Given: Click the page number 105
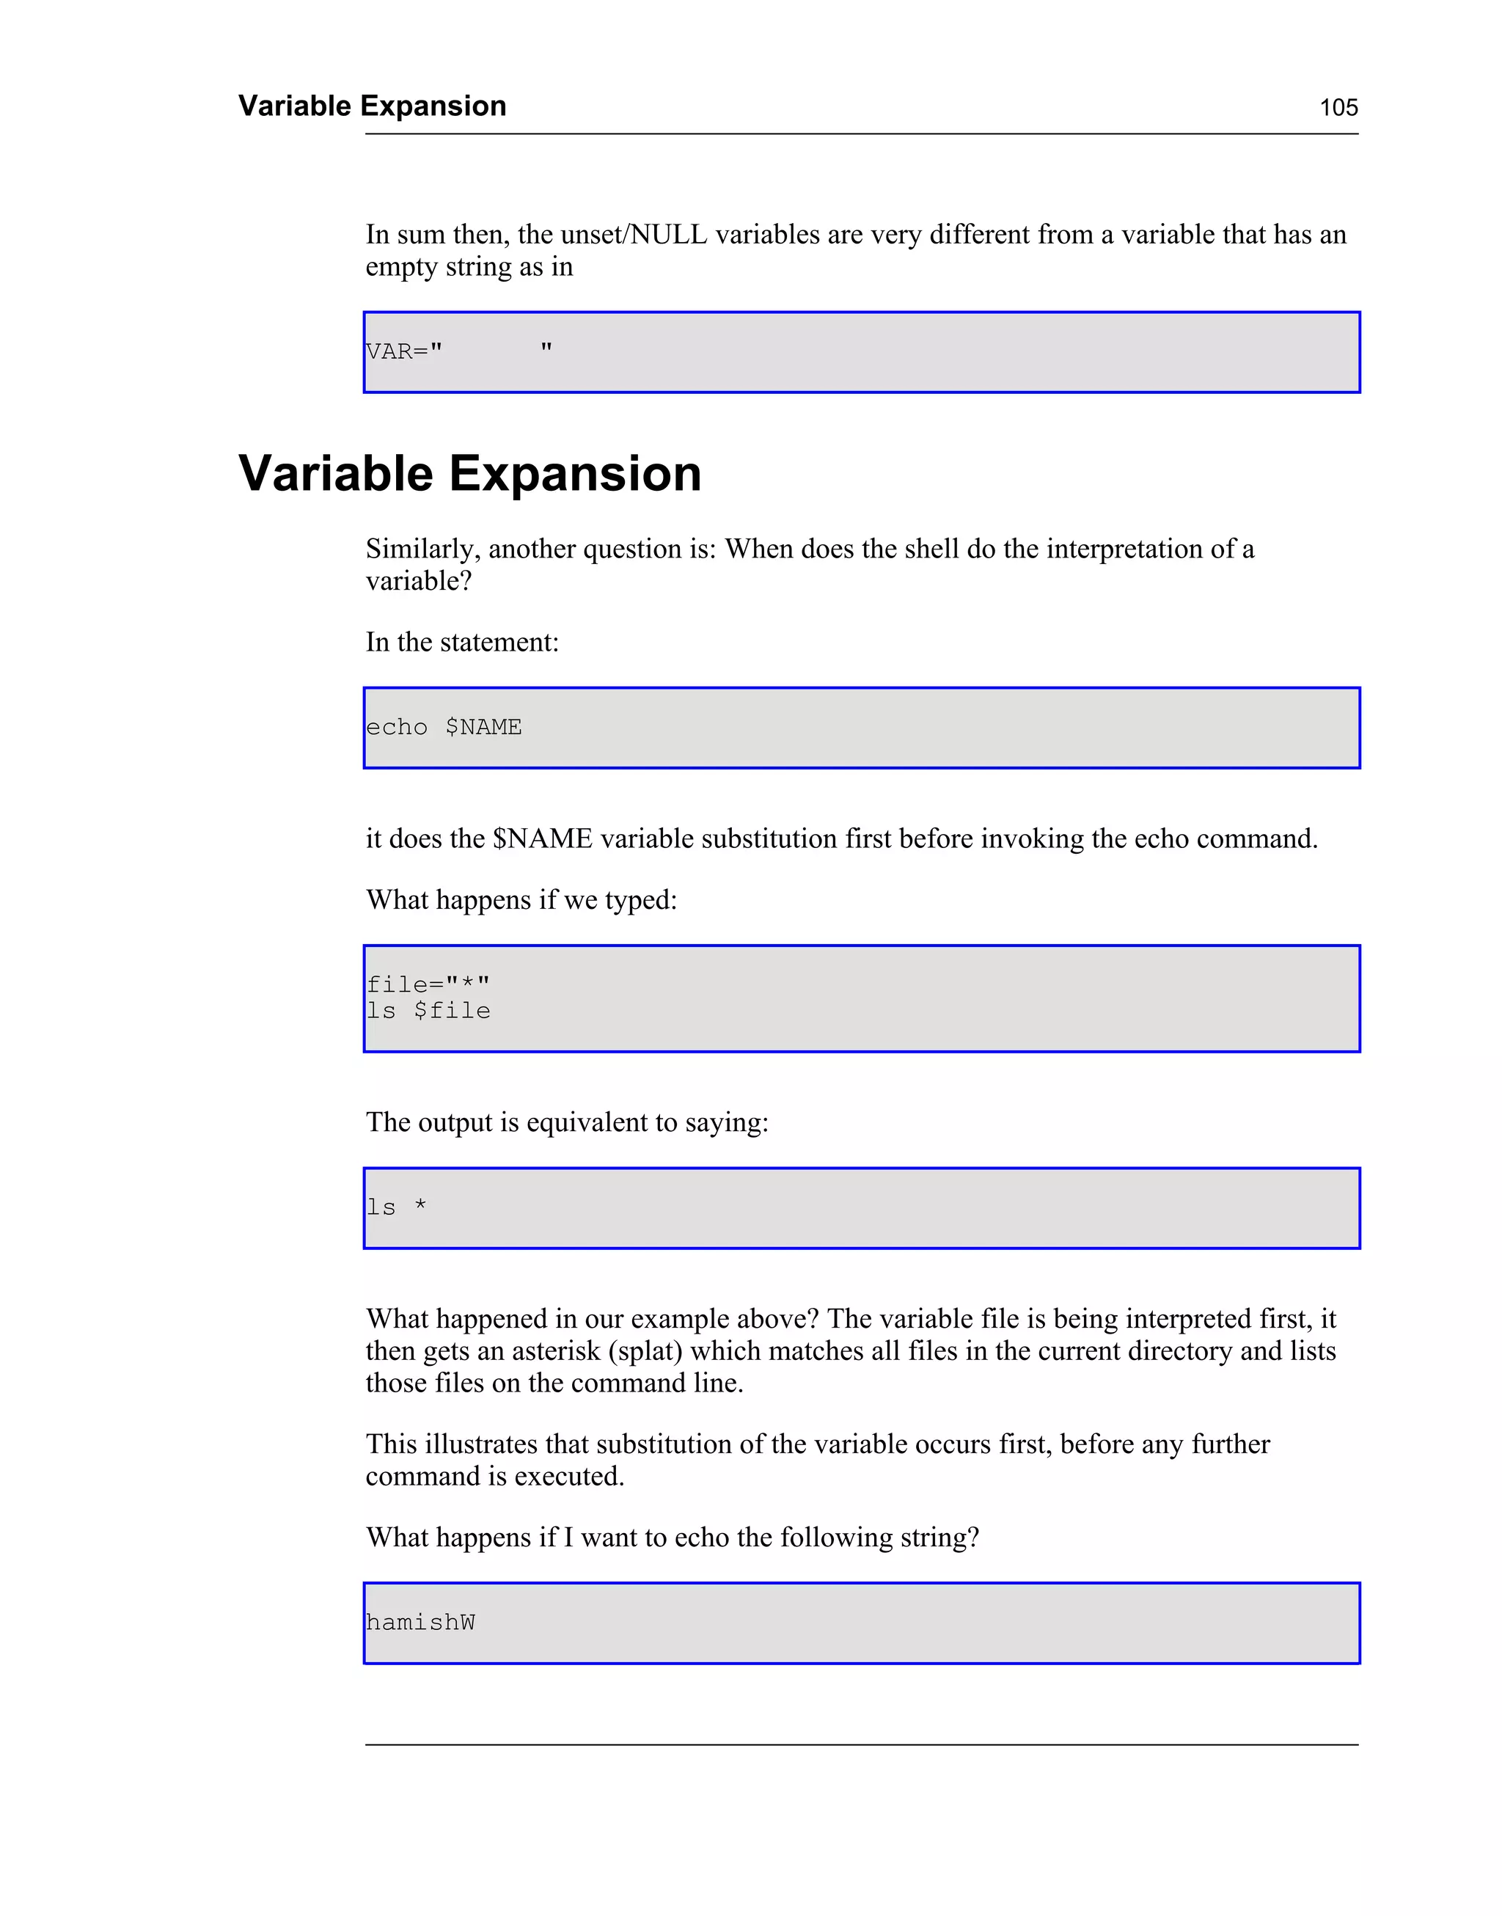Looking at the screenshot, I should coord(1338,107).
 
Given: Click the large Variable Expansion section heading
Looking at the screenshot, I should coord(469,474).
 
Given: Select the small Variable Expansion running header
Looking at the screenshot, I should coord(372,106).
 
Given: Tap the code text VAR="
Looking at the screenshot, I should coord(405,351).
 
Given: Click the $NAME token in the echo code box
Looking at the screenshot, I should coord(483,727).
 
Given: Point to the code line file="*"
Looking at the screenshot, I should coord(428,984).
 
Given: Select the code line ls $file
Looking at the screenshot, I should coord(428,1012).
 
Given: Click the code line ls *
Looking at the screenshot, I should coord(397,1207).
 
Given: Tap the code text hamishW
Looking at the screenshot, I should coord(420,1623).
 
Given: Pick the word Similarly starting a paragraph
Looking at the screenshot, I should coord(423,549).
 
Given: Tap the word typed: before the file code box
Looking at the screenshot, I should coord(640,900).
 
